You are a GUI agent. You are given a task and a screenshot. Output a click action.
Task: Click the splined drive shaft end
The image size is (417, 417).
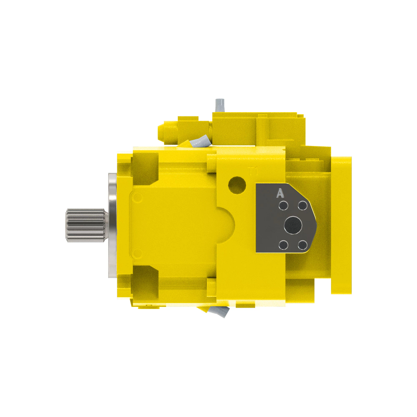[x=85, y=225]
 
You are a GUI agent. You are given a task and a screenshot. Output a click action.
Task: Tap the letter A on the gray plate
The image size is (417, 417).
[x=280, y=194]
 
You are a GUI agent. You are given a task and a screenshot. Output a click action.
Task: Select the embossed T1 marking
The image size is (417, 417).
[x=253, y=171]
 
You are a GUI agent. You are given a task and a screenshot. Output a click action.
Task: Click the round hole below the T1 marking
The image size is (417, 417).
[x=237, y=185]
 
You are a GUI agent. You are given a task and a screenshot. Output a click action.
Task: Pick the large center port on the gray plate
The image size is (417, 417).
[x=293, y=226]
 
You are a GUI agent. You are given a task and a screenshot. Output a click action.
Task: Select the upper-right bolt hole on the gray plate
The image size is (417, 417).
[x=303, y=206]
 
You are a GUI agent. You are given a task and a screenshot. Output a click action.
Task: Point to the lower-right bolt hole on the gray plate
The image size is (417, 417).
[x=303, y=245]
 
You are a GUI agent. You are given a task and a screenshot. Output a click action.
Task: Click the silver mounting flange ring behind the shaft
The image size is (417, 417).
[x=112, y=225]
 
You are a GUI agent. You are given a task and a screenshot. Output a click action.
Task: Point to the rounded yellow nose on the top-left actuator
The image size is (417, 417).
[x=162, y=132]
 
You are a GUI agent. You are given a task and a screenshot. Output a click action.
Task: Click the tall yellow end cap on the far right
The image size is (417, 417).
[x=341, y=225]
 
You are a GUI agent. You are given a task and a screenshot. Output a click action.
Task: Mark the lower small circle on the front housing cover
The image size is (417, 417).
[x=138, y=253]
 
